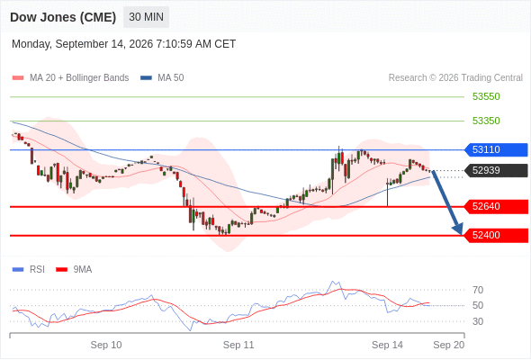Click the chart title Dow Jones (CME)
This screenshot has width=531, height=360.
[x=63, y=17]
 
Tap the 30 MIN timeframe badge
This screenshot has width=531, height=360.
[x=147, y=17]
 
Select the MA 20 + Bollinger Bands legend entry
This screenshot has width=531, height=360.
[x=70, y=78]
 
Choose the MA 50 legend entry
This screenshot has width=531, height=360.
[x=162, y=78]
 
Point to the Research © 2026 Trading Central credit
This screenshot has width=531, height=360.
[x=455, y=78]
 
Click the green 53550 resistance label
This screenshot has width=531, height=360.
[x=486, y=96]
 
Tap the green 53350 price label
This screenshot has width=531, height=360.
[x=486, y=121]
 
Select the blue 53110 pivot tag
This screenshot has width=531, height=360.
[x=496, y=149]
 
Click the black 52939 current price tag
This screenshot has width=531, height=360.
[x=496, y=170]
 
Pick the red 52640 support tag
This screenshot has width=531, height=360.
[x=496, y=207]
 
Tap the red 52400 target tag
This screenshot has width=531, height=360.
[x=496, y=236]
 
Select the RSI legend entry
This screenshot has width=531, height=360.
[x=29, y=270]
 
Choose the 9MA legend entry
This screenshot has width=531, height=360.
[x=74, y=270]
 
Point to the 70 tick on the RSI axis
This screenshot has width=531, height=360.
[x=478, y=290]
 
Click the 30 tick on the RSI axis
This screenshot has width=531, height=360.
[x=478, y=321]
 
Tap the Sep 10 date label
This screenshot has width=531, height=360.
[x=106, y=345]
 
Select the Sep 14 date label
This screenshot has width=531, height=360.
[x=387, y=345]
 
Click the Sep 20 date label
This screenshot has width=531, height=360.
[x=449, y=345]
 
